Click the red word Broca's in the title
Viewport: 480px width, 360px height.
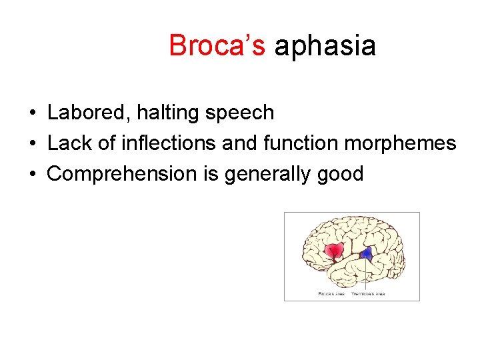click(217, 46)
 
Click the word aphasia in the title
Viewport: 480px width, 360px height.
click(325, 46)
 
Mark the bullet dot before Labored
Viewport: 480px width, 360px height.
click(32, 113)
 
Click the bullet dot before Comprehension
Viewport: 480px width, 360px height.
click(32, 175)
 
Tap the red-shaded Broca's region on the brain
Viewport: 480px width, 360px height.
click(333, 251)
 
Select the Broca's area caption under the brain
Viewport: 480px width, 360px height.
click(331, 293)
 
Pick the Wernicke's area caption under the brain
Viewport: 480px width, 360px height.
click(368, 293)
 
